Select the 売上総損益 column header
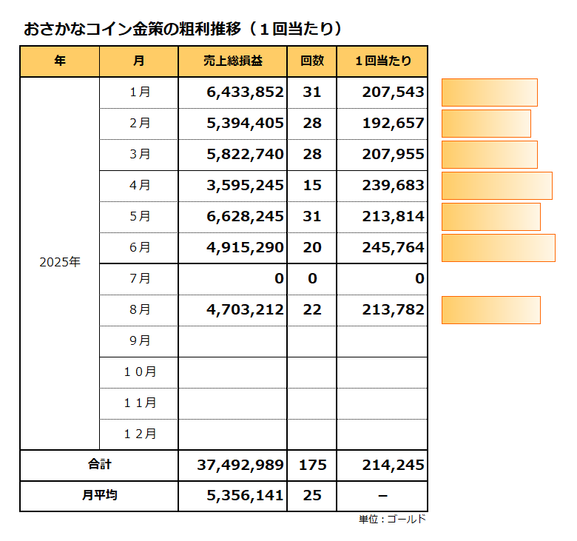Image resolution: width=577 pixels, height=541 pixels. (x=232, y=61)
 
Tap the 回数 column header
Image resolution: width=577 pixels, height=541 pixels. (x=311, y=61)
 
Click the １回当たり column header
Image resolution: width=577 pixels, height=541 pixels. (x=382, y=61)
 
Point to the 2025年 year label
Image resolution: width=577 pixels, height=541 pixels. (x=60, y=262)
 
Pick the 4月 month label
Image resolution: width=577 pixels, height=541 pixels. (x=139, y=186)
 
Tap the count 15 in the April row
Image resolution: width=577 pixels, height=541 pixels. (x=312, y=186)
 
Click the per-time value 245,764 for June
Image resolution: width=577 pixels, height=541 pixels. (x=393, y=248)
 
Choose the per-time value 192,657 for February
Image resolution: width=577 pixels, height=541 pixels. (x=393, y=124)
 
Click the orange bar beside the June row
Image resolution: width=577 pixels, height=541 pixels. (x=498, y=248)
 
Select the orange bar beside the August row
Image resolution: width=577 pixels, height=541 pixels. (x=490, y=310)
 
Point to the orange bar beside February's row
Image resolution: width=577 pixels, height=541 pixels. (x=486, y=124)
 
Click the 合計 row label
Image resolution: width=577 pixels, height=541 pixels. (x=99, y=465)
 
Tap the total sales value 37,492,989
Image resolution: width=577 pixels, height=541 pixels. (x=240, y=466)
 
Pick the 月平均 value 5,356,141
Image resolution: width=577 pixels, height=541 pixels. (x=246, y=496)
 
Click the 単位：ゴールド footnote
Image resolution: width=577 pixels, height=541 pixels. (x=393, y=520)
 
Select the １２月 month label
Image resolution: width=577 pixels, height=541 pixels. (x=139, y=434)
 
